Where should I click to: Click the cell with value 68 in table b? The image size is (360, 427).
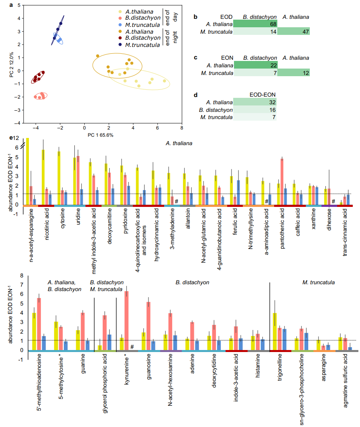(x=256, y=25)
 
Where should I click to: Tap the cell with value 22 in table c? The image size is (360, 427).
(x=256, y=65)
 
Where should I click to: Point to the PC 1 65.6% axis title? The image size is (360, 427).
(x=100, y=135)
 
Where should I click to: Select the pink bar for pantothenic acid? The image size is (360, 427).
(x=282, y=181)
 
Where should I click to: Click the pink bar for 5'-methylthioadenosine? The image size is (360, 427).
(x=39, y=324)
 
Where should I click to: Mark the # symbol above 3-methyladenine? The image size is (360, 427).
(x=176, y=200)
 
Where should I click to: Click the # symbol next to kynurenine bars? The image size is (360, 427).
(x=132, y=347)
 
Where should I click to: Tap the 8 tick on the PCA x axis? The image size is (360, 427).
(x=182, y=128)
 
